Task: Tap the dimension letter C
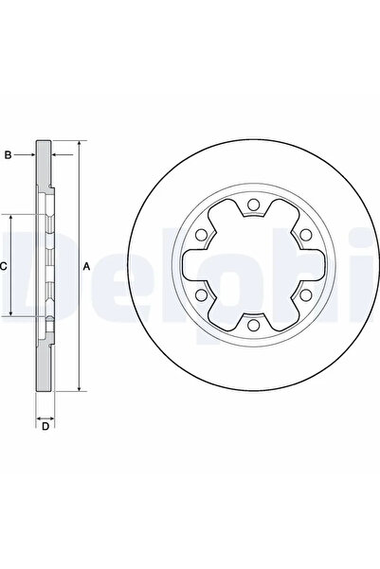click(x=4, y=266)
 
